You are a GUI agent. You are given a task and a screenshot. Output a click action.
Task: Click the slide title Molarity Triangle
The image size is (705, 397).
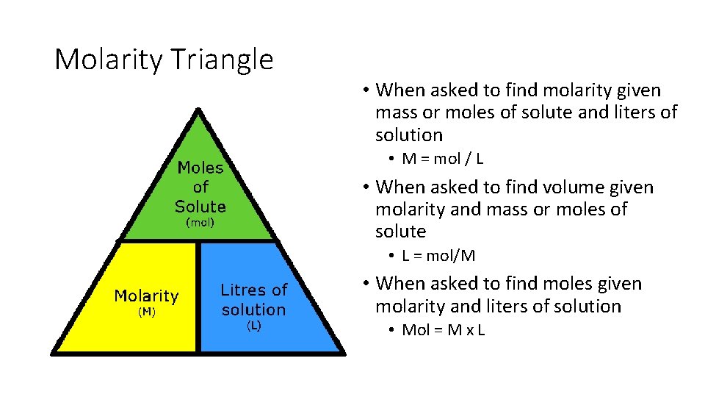(x=164, y=60)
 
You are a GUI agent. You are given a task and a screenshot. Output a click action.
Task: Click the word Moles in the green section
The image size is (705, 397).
(x=200, y=168)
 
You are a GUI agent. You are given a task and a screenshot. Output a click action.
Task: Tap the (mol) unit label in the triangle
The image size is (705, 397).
(x=200, y=222)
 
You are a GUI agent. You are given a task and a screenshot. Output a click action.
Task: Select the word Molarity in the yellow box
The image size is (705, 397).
(x=146, y=296)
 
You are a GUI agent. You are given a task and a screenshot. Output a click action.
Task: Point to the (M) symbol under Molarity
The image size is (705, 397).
(x=147, y=312)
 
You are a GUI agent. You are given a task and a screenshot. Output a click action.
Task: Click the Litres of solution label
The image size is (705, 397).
(x=253, y=300)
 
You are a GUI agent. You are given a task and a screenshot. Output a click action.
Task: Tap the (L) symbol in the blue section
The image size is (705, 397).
(x=253, y=326)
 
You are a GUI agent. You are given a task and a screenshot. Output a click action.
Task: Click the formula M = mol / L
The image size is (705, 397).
(x=442, y=159)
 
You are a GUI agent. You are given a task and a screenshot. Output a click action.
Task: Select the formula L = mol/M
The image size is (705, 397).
(x=438, y=256)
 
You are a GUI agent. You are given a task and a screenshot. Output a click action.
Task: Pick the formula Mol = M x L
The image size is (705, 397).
(x=444, y=329)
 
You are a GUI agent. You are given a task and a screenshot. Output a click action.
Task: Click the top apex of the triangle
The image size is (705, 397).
(x=198, y=110)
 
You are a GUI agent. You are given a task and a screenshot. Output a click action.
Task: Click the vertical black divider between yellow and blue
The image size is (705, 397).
(x=198, y=298)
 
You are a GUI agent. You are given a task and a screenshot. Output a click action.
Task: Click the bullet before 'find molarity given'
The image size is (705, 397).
(x=365, y=91)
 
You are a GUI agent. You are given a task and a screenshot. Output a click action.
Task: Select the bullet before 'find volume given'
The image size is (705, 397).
(x=365, y=187)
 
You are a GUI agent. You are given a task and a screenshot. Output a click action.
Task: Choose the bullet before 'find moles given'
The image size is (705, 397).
(x=365, y=285)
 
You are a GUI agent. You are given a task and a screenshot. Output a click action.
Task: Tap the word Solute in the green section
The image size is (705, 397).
(x=200, y=206)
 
